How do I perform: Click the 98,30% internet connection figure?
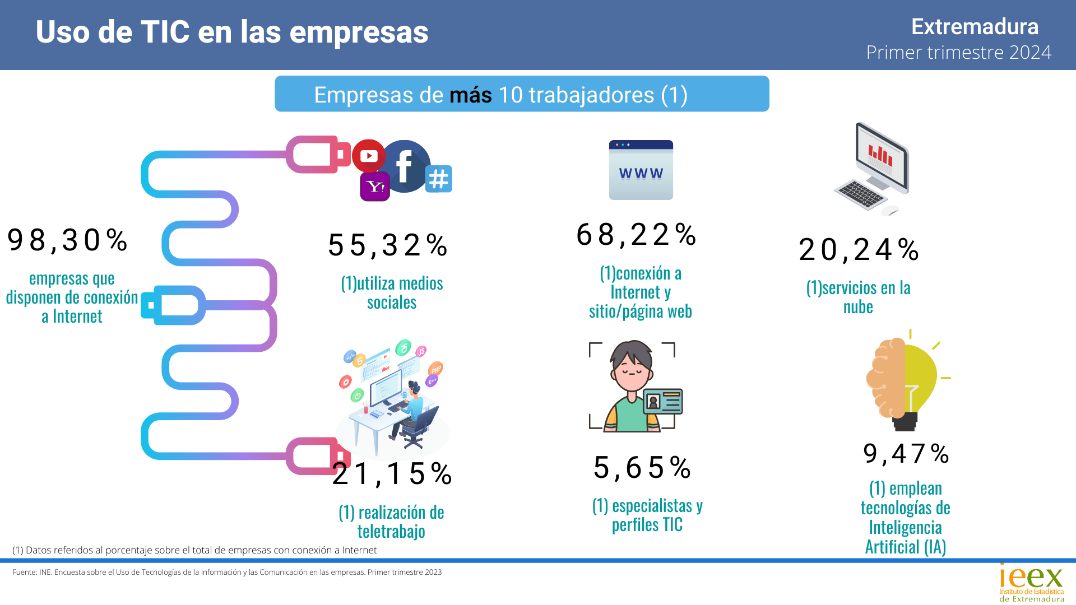coord(67,240)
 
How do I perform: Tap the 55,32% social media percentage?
coord(388,245)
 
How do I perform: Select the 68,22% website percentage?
coord(636,235)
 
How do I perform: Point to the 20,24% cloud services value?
coord(859,250)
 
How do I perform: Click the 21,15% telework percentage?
coord(392,474)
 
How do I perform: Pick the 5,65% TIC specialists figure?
coord(642,468)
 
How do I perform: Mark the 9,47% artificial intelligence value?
coord(906,454)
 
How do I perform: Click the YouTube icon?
coord(369,155)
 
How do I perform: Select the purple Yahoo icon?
coord(375,187)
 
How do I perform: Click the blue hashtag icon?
coord(438,179)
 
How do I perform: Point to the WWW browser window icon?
coord(641,170)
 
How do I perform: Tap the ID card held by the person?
coord(664,401)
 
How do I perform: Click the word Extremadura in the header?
coord(975,27)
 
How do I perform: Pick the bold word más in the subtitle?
coord(470,95)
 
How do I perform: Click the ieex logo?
coord(1031,583)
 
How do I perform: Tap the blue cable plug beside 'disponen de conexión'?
coord(174,305)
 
